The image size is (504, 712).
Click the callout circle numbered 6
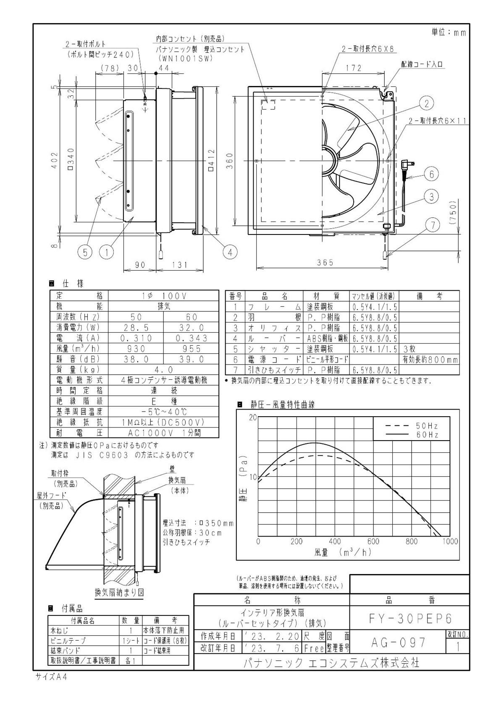431,174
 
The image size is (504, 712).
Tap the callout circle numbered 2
426,103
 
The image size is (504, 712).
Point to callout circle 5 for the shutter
85,252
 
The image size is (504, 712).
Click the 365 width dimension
325,263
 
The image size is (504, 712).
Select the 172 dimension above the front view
354,68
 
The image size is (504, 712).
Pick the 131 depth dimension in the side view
180,265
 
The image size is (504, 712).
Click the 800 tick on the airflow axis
412,542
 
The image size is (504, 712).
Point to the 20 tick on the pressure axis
252,417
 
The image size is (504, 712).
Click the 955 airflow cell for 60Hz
191,349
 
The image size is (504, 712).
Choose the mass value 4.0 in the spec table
163,370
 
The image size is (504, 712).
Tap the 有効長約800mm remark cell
430,360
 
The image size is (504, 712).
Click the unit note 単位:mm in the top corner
448,33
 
